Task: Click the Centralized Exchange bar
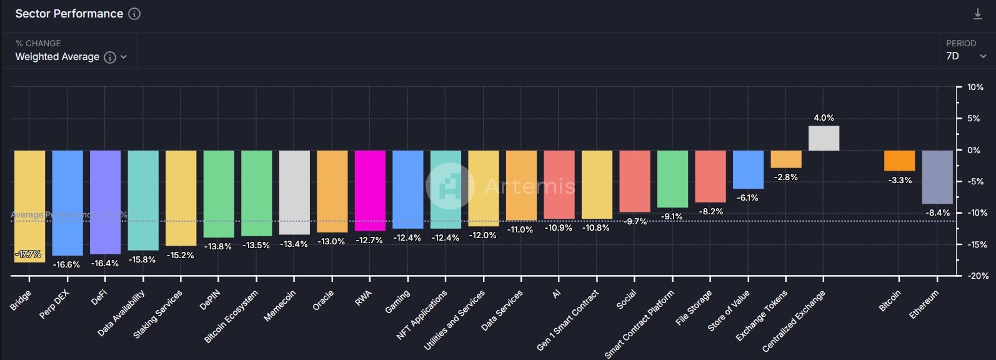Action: [824, 138]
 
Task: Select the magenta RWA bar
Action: [370, 190]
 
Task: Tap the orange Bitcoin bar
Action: [899, 161]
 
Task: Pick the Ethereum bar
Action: [937, 177]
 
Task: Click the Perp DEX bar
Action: [67, 202]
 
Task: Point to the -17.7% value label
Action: [28, 254]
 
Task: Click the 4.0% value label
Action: [824, 117]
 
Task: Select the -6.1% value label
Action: [747, 197]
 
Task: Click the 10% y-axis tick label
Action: [975, 87]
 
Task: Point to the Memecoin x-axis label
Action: [279, 306]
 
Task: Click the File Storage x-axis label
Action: [694, 307]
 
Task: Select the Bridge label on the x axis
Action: [21, 301]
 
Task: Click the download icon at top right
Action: [978, 14]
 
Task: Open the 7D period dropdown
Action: [965, 56]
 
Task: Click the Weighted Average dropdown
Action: [70, 57]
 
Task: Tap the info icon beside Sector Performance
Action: [134, 14]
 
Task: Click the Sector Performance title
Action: [69, 14]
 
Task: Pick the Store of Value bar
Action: [748, 169]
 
